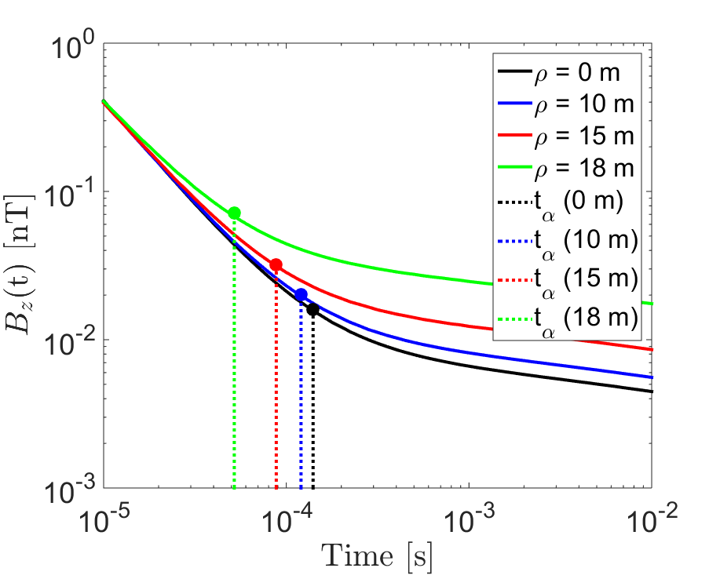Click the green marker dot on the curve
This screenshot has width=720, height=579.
pos(234,213)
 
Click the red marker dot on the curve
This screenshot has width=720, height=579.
pos(276,265)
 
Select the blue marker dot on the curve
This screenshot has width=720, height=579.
pos(301,295)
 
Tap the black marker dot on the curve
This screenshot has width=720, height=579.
pos(312,309)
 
